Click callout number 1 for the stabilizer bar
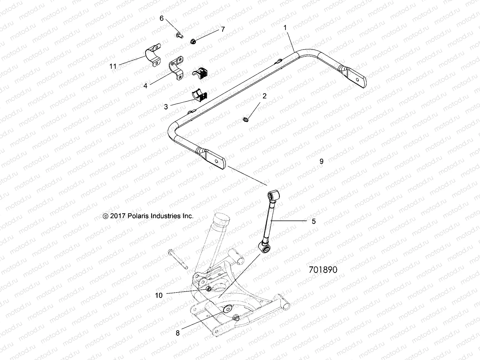point(285,28)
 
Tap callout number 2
point(264,96)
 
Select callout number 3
point(166,106)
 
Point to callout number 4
point(145,86)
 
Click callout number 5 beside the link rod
point(314,221)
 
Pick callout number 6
point(161,18)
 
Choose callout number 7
point(223,29)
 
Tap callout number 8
point(178,333)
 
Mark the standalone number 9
point(322,161)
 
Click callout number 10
point(159,295)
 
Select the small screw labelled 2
point(246,120)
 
